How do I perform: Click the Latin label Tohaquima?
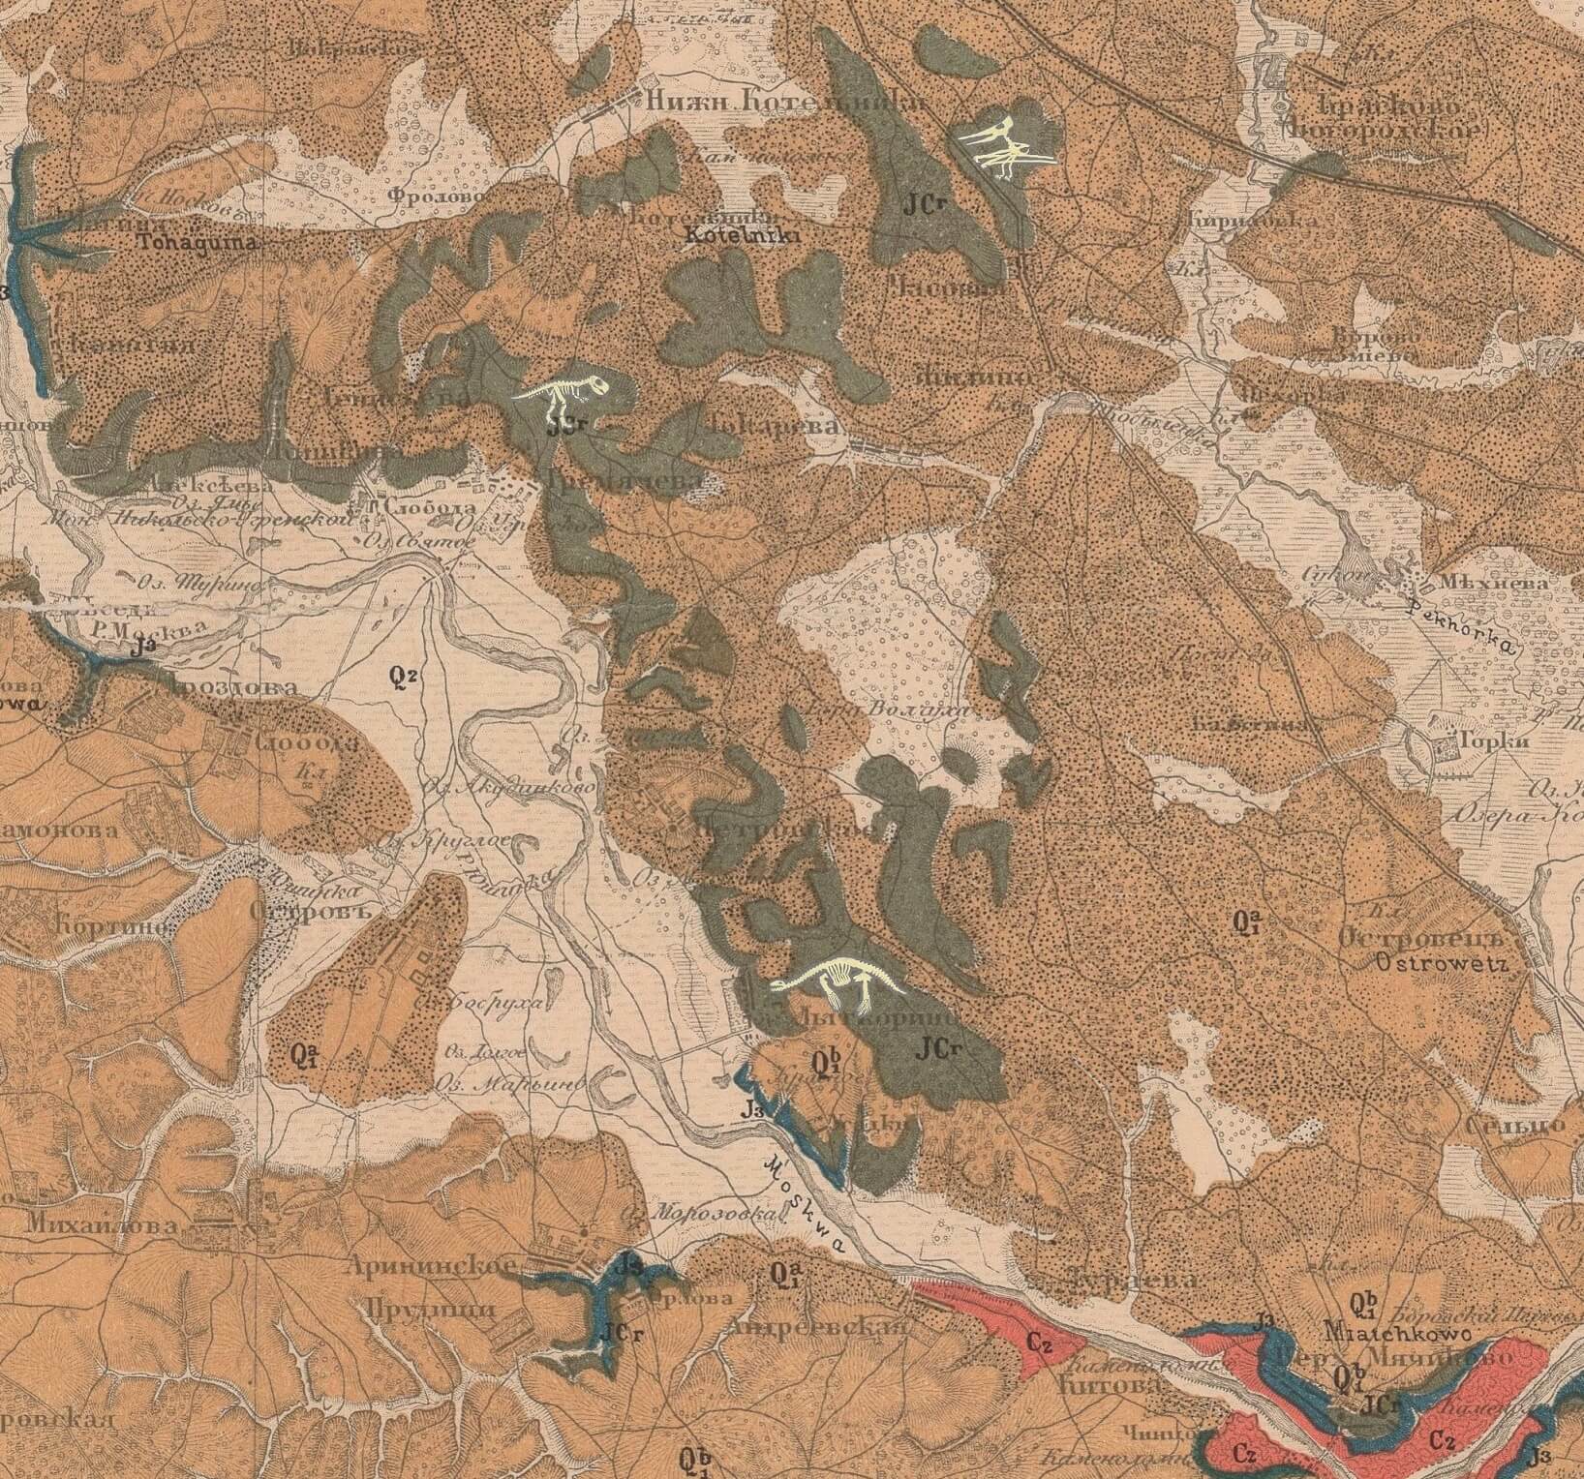coord(198,243)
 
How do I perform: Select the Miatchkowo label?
coord(1396,1332)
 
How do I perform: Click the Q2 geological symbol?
coord(403,677)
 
